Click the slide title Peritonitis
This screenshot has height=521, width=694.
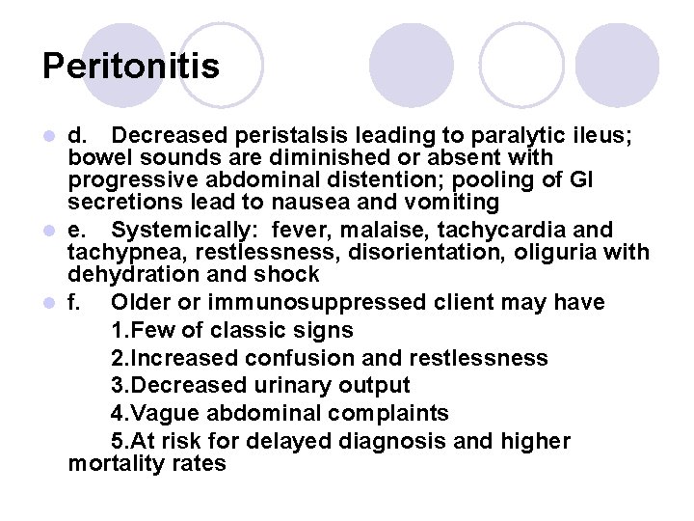point(131,67)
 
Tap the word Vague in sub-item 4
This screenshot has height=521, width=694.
point(161,413)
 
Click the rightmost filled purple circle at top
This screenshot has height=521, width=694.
point(617,65)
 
